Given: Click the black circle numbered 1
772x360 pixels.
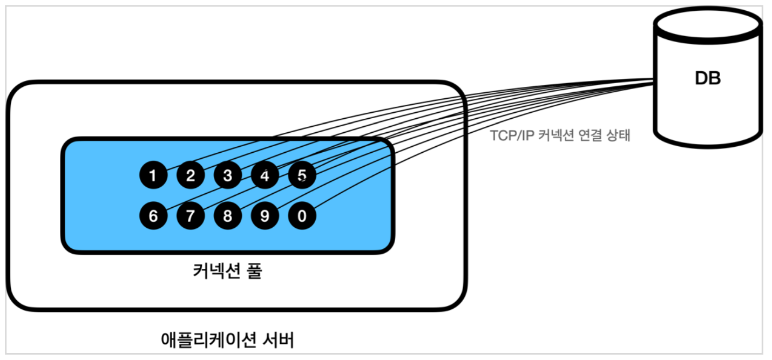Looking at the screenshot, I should (x=153, y=175).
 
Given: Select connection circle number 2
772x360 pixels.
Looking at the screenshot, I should (x=191, y=175).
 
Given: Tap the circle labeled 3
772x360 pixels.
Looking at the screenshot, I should (x=228, y=175).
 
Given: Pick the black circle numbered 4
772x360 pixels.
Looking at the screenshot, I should (x=265, y=175).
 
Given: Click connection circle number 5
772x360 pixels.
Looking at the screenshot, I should (x=302, y=175).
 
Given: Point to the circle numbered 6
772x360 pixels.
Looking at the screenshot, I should (x=153, y=216).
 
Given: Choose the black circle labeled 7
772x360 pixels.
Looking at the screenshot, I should (x=191, y=216).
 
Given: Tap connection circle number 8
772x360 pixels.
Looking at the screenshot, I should (x=228, y=216).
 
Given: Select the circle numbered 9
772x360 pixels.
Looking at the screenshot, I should (x=265, y=216).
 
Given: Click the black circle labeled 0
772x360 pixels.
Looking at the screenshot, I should (x=302, y=216).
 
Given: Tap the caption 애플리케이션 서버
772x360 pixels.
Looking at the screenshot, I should (x=227, y=340).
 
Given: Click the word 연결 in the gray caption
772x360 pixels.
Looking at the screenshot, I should (x=591, y=135).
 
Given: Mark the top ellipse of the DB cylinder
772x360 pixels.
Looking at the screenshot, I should (x=708, y=23).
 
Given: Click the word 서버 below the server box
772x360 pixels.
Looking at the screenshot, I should (x=279, y=340).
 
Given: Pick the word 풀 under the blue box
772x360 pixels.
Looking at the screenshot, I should (x=254, y=270).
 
